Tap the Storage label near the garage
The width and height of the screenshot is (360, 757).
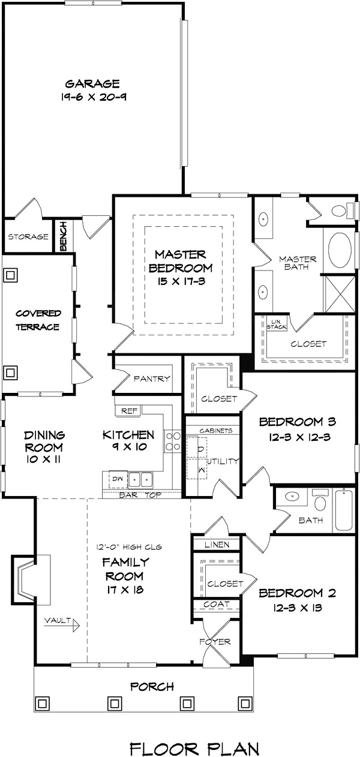28,237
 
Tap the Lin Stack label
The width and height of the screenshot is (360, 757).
277,324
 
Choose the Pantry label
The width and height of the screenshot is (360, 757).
152,379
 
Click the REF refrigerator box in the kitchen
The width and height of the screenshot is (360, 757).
129,411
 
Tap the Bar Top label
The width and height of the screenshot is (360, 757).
139,495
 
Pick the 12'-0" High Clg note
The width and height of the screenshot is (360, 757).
129,546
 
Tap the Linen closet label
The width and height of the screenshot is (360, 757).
215,545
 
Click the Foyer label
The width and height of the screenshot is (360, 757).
215,641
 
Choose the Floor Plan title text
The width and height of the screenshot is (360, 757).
195,733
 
